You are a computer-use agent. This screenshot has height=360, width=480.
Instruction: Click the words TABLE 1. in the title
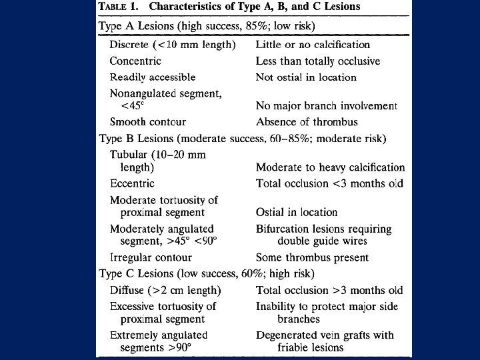pos(120,7)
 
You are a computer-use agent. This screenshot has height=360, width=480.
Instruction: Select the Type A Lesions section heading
pos(207,26)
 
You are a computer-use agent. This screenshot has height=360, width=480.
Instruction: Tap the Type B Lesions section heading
pos(242,139)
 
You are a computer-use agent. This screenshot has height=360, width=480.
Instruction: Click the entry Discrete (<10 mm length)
pos(173,45)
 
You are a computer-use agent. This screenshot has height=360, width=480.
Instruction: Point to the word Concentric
pos(135,61)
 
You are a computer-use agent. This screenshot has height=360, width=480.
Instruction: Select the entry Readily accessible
pos(153,77)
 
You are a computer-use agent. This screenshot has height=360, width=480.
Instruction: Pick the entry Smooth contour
pos(148,122)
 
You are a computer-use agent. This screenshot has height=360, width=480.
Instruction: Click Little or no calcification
pos(313,45)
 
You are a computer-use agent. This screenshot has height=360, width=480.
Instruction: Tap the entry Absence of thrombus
pos(307,122)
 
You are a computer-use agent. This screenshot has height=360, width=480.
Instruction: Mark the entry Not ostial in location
pos(306,77)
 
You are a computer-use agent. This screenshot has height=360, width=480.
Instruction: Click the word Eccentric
pos(132,183)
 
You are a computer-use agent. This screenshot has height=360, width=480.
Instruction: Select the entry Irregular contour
pos(151,257)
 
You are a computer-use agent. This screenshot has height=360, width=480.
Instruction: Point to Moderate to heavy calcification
pos(330,167)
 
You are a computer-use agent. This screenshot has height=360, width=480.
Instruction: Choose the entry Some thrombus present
pos(312,257)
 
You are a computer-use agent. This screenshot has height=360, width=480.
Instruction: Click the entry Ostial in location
pos(297,212)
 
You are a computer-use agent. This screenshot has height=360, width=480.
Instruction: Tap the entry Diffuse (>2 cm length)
pos(165,290)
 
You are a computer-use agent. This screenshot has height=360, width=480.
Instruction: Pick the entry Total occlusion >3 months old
pos(329,290)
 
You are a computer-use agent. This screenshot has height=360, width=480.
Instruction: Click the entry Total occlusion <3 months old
pos(329,183)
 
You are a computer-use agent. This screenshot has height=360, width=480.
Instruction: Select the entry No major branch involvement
pos(326,106)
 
